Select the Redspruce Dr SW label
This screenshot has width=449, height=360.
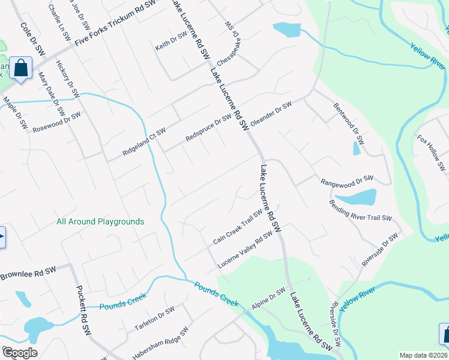point(208,128)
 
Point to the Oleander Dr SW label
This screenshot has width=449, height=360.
point(271,112)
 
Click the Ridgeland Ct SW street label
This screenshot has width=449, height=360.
point(144,142)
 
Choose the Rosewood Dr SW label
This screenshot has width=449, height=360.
point(56,122)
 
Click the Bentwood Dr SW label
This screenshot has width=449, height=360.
point(349,122)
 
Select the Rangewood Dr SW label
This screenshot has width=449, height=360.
point(347,180)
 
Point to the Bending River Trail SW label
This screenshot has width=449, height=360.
point(360,210)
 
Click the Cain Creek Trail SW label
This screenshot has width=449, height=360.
point(238,227)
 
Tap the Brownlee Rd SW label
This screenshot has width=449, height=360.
point(28,274)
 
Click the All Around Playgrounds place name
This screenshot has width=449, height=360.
point(100,221)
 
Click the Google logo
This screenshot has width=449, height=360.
point(19,353)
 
